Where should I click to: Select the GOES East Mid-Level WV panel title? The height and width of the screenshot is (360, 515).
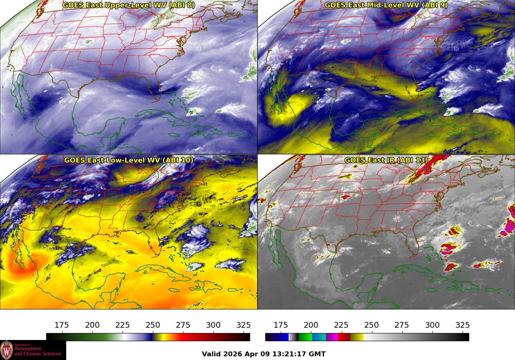[386, 5]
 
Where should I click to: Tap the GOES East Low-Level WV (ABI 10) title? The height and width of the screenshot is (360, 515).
[129, 160]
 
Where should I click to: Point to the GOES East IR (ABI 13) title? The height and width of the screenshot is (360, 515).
[386, 160]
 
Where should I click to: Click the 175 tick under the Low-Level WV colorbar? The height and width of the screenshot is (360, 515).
[62, 325]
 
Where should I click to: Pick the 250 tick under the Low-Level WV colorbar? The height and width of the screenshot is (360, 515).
[153, 325]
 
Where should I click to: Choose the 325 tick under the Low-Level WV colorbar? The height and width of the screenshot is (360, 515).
[244, 325]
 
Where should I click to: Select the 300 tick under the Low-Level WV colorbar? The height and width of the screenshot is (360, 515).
[213, 325]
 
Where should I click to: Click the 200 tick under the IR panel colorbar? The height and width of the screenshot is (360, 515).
[311, 325]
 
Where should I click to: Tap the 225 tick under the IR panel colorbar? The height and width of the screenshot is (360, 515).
[341, 325]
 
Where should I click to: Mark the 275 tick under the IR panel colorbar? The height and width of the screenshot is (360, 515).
[402, 325]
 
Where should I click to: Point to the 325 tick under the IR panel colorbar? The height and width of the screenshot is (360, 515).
[463, 325]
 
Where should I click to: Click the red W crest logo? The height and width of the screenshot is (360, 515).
[7, 350]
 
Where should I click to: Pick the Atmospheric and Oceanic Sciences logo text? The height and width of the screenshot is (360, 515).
[38, 351]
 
